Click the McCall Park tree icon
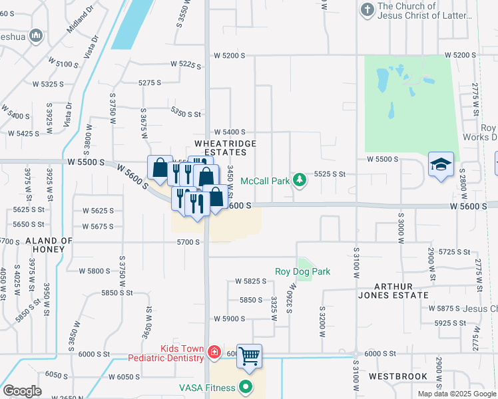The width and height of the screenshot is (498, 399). tap(300, 180)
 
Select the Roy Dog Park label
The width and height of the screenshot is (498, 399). tap(302, 271)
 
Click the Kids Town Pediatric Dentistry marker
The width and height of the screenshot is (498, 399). tap(214, 352)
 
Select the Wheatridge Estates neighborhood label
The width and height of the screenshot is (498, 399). tap(220, 148)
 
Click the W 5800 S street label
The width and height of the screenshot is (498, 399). tap(95, 271)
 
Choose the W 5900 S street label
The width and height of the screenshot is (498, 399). tap(230, 319)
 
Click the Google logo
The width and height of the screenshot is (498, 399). tap(23, 391)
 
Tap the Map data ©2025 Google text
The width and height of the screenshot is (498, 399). tap(457, 394)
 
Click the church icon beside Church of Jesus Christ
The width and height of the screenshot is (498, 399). tap(367, 10)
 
